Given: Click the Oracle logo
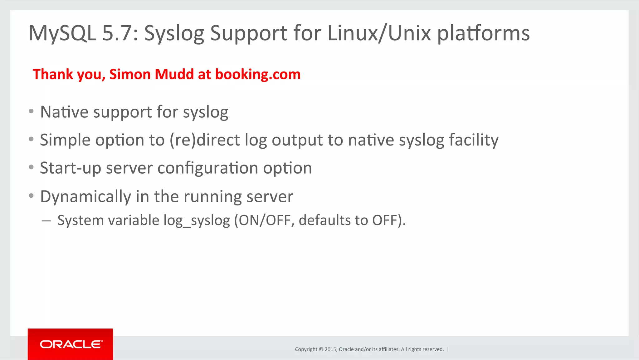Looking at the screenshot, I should point(71,344).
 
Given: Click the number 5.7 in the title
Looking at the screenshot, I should point(117,33).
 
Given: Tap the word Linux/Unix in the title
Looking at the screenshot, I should point(379,33).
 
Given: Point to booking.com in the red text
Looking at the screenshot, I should point(258,75).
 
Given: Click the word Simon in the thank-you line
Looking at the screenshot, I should point(130,74).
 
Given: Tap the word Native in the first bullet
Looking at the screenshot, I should point(64,112).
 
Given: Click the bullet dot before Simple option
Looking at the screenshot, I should point(31,139).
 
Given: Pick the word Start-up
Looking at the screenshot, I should point(71,168).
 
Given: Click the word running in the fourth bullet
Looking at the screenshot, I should point(212,197).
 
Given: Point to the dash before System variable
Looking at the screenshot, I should point(46,221).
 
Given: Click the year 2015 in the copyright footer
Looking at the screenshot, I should point(330,349).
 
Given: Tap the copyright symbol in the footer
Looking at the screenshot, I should point(321,349).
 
